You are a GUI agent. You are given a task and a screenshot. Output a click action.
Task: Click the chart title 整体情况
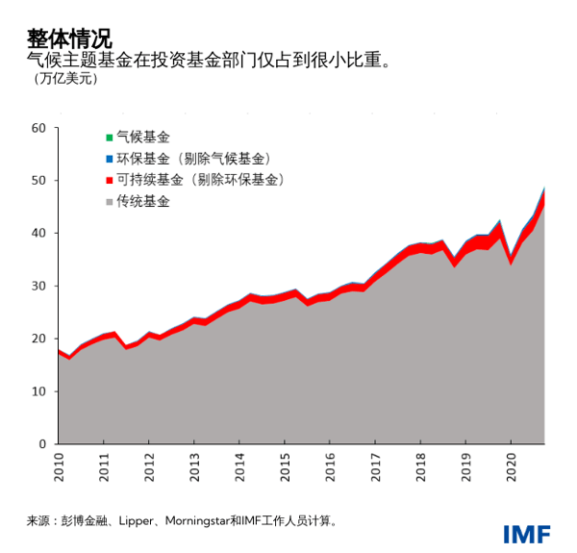click(x=69, y=39)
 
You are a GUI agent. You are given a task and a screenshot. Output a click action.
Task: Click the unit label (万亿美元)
click(x=65, y=79)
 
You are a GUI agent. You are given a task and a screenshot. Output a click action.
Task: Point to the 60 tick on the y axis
click(x=38, y=128)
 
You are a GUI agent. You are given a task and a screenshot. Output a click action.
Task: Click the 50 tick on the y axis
click(x=38, y=181)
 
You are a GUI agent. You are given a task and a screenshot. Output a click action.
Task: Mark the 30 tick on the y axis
click(x=38, y=286)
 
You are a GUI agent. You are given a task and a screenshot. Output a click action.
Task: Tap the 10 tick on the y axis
click(x=38, y=391)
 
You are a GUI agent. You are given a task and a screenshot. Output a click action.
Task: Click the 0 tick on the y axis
click(x=42, y=444)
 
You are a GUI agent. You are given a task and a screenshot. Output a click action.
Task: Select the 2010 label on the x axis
click(x=58, y=465)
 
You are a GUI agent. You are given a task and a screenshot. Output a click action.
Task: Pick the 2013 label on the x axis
click(x=193, y=465)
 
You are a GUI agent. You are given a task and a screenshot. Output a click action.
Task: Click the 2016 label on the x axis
click(x=329, y=465)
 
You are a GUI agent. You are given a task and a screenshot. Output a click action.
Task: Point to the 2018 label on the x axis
click(x=419, y=465)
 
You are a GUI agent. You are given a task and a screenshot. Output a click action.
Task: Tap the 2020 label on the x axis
click(x=510, y=465)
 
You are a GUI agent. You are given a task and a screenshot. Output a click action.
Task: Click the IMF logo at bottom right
click(x=526, y=534)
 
